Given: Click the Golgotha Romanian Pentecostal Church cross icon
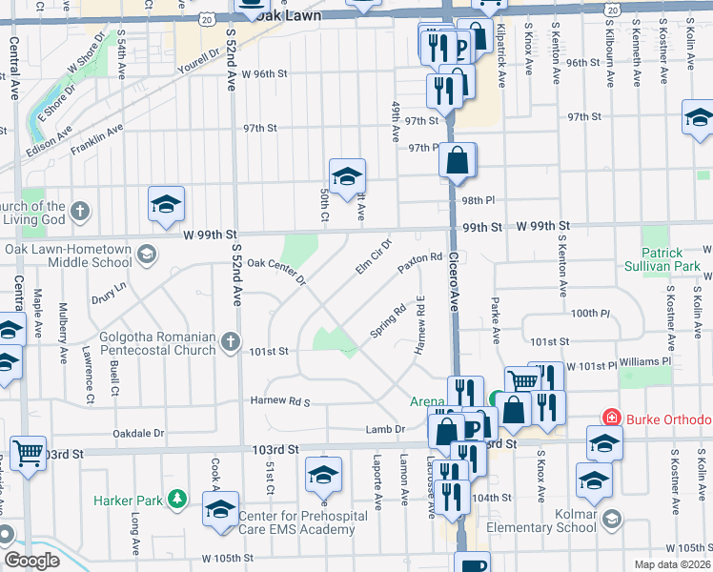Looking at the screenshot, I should coord(230,340).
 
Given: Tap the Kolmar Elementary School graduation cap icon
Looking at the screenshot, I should coord(611,520).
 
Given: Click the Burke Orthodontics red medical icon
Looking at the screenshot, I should coord(611,419).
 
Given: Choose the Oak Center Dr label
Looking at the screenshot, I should coord(275,270).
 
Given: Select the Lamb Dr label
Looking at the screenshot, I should coord(386,431).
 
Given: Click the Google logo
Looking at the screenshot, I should coord(32,561).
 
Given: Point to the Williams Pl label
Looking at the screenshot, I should coord(645,362).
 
